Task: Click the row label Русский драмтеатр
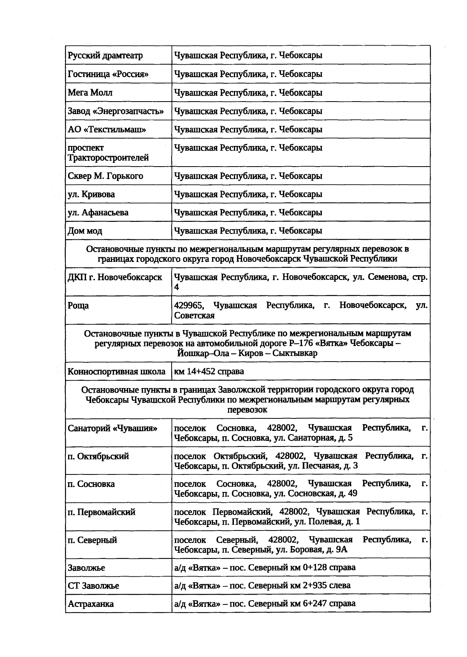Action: coord(105,55)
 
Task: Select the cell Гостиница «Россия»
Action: coord(108,74)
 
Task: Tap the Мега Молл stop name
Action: coord(90,93)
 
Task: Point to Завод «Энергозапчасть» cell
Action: coord(116,111)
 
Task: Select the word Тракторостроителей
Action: coord(108,158)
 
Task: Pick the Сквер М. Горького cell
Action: coord(105,176)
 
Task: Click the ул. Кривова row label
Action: coord(91,194)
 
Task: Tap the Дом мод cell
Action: coord(85,231)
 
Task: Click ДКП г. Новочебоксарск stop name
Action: coord(115,278)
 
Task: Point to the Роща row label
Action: coord(78,306)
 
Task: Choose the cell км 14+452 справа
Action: coord(209,371)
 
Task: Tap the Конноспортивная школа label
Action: coord(116,371)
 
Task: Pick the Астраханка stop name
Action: coord(91,604)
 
